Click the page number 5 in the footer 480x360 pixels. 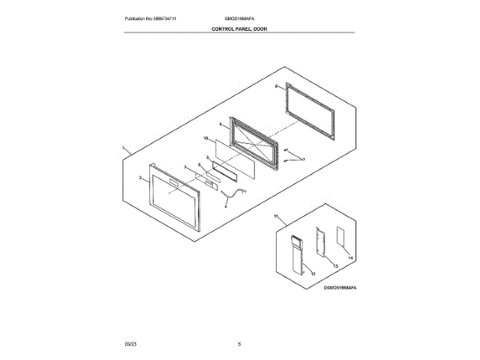239,343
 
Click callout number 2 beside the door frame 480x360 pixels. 140,178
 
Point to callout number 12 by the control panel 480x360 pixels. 304,273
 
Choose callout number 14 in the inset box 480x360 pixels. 349,257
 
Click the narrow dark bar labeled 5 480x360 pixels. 224,171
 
